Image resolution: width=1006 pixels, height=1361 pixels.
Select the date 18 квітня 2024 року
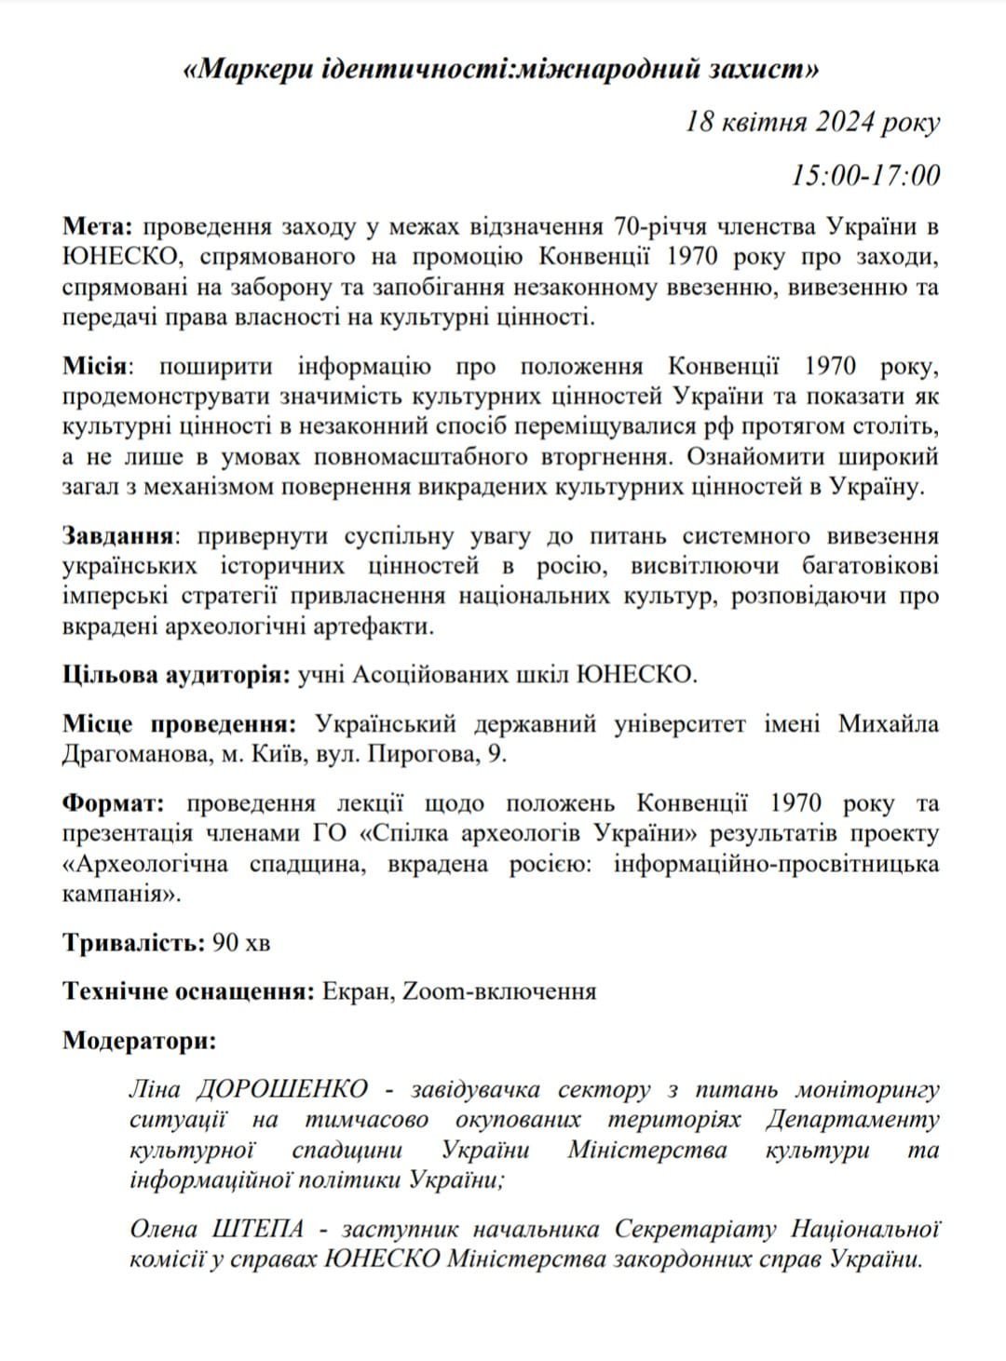pos(812,122)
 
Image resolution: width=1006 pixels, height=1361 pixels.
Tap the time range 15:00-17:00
pos(865,174)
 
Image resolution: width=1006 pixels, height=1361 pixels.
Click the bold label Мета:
pos(100,227)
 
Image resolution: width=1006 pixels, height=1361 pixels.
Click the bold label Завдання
pos(118,536)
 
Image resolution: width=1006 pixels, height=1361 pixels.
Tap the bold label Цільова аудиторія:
pos(176,675)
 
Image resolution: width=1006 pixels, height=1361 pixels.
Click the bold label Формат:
pos(113,803)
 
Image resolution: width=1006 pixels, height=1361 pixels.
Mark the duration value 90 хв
pos(242,942)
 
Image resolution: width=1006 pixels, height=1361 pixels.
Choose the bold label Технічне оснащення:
pos(187,991)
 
